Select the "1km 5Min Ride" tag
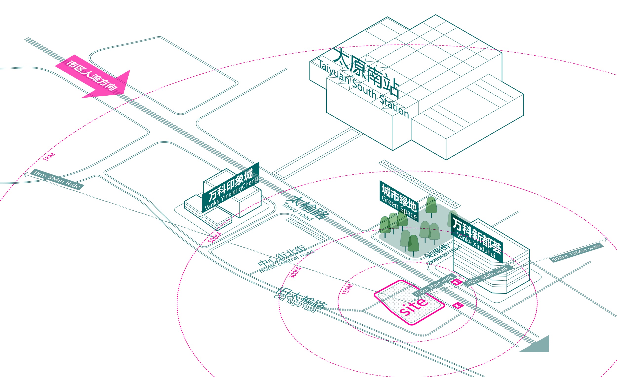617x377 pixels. pos(57,179)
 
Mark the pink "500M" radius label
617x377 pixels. pos(215,237)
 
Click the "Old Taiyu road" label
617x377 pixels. pos(294,304)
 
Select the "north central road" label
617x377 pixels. pos(287,262)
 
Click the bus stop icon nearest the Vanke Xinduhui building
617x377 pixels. pos(457,282)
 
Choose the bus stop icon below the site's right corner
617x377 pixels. pos(458,305)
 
